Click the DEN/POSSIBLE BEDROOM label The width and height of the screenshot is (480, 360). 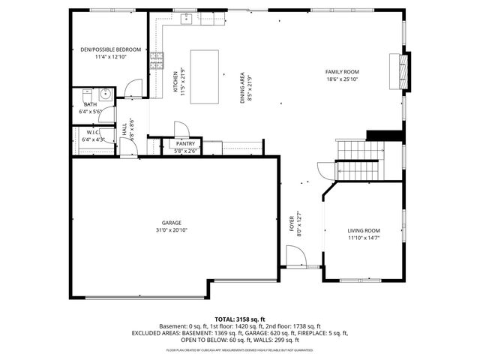[x=110, y=49]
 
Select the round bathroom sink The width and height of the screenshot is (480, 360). [x=106, y=94]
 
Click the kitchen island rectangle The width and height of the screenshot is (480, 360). [x=205, y=76]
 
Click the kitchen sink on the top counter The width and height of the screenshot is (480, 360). [x=185, y=20]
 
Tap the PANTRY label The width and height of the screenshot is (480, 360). [x=184, y=143]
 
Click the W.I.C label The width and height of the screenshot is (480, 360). [x=93, y=132]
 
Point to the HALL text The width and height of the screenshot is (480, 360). [x=124, y=130]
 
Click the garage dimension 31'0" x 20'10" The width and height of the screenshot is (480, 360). [x=172, y=230]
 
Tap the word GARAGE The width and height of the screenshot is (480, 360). [x=172, y=223]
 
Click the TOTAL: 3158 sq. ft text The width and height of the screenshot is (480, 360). [x=239, y=319]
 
